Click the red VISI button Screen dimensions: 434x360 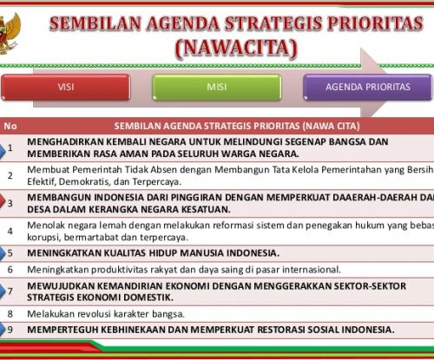pyautogui.click(x=66, y=87)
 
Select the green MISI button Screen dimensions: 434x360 pyautogui.click(x=217, y=87)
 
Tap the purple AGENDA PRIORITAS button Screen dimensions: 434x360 pyautogui.click(x=368, y=87)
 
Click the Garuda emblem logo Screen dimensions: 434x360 pyautogui.click(x=10, y=34)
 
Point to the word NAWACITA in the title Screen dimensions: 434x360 pyautogui.click(x=236, y=48)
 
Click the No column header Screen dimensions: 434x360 pyautogui.click(x=10, y=126)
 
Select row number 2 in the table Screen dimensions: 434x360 pyautogui.click(x=10, y=175)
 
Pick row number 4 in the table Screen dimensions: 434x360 pyautogui.click(x=10, y=231)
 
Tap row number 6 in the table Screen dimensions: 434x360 pyautogui.click(x=10, y=270)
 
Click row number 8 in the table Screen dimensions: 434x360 pyautogui.click(x=10, y=314)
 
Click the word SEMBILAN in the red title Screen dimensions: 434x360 pyautogui.click(x=95, y=23)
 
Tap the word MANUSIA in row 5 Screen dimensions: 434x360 pyautogui.click(x=201, y=253)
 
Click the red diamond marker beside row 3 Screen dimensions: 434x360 pyautogui.click(x=3, y=201)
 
